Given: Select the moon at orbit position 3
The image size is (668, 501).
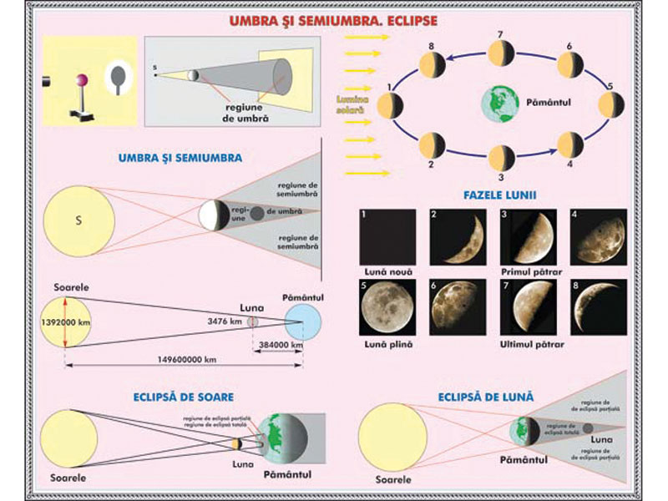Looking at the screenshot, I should point(500,157).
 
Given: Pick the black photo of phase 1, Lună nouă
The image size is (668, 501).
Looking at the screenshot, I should point(386,236).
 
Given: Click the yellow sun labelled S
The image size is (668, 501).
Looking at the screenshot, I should point(79,220).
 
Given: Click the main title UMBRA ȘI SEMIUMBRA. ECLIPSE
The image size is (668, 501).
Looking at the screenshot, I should point(333,18).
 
